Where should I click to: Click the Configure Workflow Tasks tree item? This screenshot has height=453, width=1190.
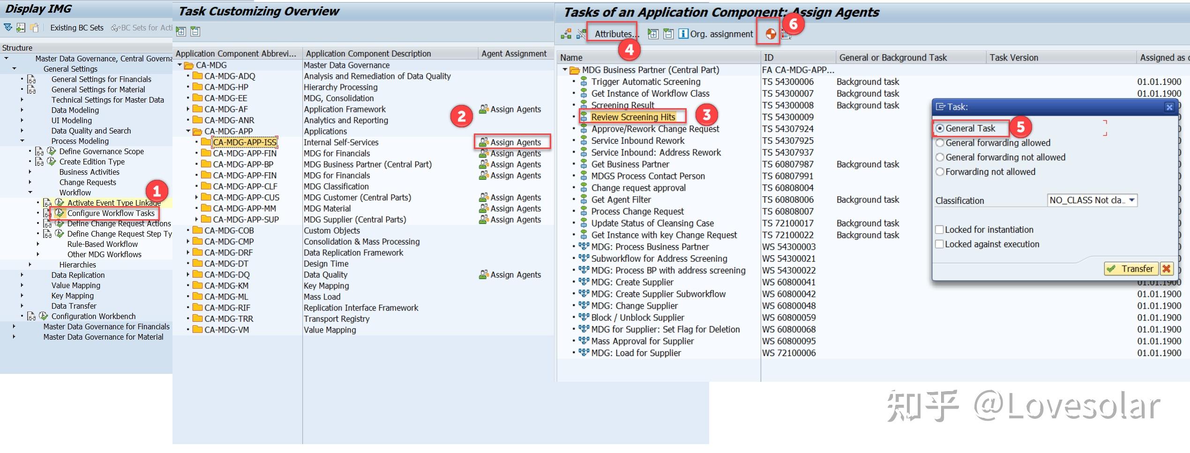tap(111, 213)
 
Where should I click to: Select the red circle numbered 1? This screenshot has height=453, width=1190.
tap(157, 191)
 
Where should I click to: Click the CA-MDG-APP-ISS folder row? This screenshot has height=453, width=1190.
tap(245, 142)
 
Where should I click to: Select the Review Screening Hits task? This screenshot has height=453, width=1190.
tap(633, 117)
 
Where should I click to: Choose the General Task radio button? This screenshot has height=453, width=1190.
tap(940, 128)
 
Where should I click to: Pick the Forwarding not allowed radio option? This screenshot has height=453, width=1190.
tap(940, 172)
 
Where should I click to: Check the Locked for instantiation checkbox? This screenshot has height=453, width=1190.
tap(939, 230)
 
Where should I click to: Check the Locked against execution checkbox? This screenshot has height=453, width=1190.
tap(939, 244)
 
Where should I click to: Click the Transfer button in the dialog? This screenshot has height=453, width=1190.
tap(1131, 269)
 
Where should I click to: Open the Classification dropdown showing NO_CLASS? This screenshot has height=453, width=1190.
tap(1092, 201)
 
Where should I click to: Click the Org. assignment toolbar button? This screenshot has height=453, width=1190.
tap(716, 34)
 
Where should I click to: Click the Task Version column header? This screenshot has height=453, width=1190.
tap(1014, 58)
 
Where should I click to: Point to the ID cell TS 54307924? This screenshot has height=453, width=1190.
tap(788, 129)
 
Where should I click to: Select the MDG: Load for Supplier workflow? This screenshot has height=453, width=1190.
tap(636, 353)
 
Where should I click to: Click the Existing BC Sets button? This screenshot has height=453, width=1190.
tap(77, 28)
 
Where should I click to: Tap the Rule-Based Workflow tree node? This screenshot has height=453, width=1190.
tap(103, 244)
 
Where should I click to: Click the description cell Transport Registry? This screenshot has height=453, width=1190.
tap(337, 319)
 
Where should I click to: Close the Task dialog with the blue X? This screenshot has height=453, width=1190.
tap(1169, 107)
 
